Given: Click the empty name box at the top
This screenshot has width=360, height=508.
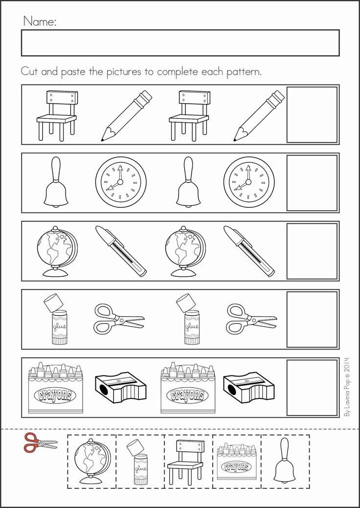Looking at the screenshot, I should pos(180,43).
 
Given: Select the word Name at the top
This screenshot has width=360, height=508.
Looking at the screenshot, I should pos(39,21).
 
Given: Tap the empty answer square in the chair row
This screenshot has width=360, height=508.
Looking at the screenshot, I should pos(312,114).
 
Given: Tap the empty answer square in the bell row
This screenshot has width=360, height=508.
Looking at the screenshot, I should pos(312,183).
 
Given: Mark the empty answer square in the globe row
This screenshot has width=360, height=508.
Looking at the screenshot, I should pos(312,251).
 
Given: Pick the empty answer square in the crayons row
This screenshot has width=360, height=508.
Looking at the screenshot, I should pos(312,388).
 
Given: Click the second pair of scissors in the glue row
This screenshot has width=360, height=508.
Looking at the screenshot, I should pos(251,319).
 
